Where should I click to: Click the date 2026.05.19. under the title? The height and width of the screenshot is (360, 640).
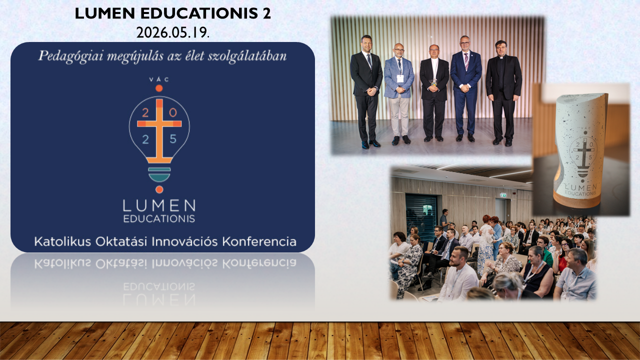pyautogui.click(x=173, y=32)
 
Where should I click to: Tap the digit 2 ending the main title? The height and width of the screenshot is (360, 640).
pyautogui.click(x=266, y=13)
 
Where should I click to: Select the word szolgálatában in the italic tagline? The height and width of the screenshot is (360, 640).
pyautogui.click(x=247, y=55)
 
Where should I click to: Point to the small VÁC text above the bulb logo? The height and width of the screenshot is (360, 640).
pyautogui.click(x=159, y=79)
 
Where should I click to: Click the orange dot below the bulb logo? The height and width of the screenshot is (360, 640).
pyautogui.click(x=159, y=189)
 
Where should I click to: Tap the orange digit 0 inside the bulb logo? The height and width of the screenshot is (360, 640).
pyautogui.click(x=173, y=113)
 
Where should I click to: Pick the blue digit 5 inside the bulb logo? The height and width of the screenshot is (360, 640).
pyautogui.click(x=173, y=139)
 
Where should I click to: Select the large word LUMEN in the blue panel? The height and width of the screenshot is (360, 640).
pyautogui.click(x=159, y=205)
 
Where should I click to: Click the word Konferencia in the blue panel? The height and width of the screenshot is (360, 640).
pyautogui.click(x=259, y=241)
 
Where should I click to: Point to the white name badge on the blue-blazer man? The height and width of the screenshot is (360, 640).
pyautogui.click(x=400, y=78)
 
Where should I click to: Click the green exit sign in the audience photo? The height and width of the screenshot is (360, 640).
pyautogui.click(x=503, y=195)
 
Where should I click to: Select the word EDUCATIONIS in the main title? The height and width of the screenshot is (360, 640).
pyautogui.click(x=199, y=13)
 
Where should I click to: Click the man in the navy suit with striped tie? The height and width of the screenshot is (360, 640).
pyautogui.click(x=465, y=88)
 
